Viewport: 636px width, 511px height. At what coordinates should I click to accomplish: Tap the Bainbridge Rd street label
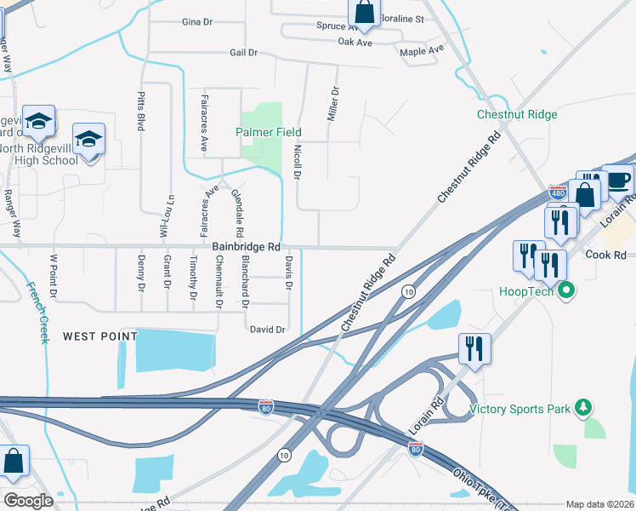[x=247, y=246]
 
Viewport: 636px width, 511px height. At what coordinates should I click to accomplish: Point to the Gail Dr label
[x=243, y=53]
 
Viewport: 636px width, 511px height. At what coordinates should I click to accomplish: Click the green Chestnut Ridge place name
[x=517, y=114]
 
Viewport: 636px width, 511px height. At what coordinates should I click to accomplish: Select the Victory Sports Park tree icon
[x=583, y=408]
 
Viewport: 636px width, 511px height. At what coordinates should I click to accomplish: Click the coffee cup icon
[x=618, y=180]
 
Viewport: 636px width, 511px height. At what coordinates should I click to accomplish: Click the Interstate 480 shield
[x=558, y=193]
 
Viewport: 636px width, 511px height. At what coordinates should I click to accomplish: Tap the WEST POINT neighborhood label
[x=100, y=336]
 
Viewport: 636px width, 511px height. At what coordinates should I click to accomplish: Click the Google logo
[x=28, y=501]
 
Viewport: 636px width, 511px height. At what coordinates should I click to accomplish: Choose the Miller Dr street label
[x=334, y=102]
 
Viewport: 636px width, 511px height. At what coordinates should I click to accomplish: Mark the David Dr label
[x=265, y=329]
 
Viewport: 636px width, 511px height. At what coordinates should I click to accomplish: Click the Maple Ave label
[x=422, y=50]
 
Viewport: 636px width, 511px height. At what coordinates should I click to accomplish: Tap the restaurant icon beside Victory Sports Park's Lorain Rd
[x=473, y=349]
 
